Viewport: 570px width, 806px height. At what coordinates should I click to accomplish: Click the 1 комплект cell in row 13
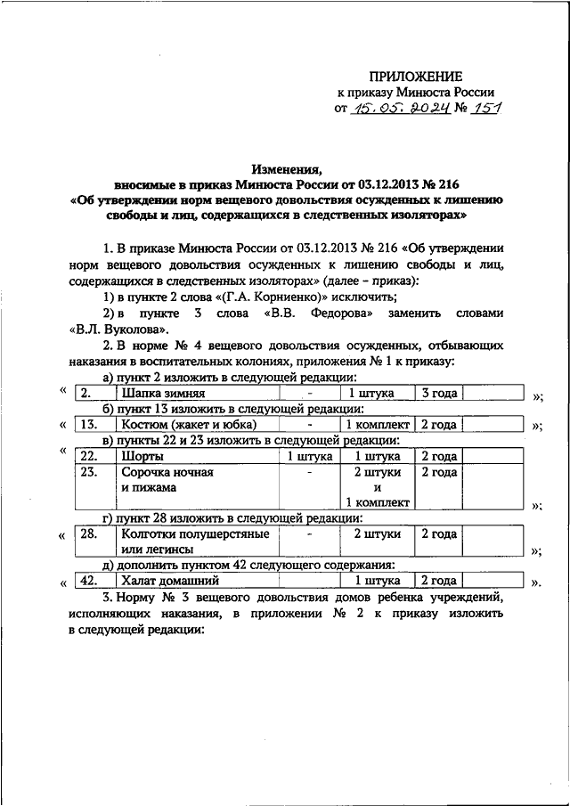point(378,425)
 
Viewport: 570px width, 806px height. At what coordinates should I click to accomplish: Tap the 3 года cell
point(439,393)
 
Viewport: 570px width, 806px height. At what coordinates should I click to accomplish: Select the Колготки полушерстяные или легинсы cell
point(182,542)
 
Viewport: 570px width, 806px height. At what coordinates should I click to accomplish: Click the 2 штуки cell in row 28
point(378,534)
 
